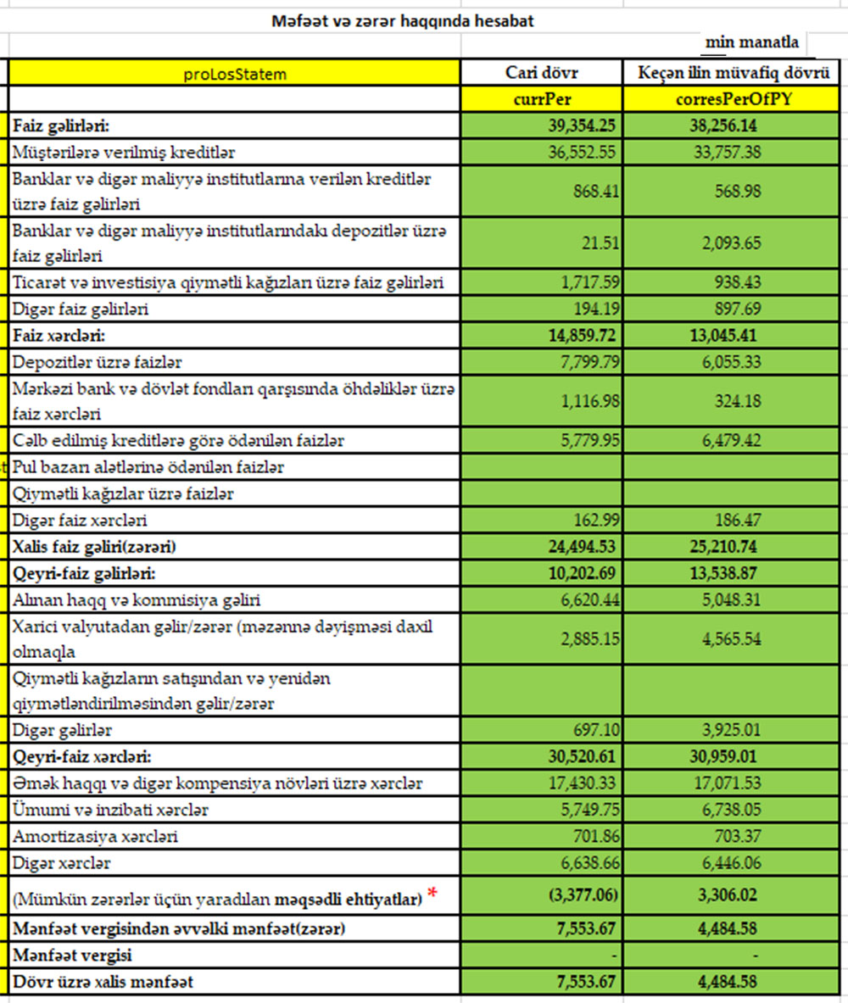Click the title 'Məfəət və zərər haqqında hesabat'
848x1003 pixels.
pyautogui.click(x=403, y=21)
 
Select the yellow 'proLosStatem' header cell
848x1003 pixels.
pyautogui.click(x=235, y=74)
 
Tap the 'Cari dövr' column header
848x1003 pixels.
pyautogui.click(x=542, y=73)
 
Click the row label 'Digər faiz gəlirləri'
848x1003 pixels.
pyautogui.click(x=81, y=309)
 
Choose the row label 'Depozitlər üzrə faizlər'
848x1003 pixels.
pyautogui.click(x=98, y=362)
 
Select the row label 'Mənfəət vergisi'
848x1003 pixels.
pyautogui.click(x=73, y=956)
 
